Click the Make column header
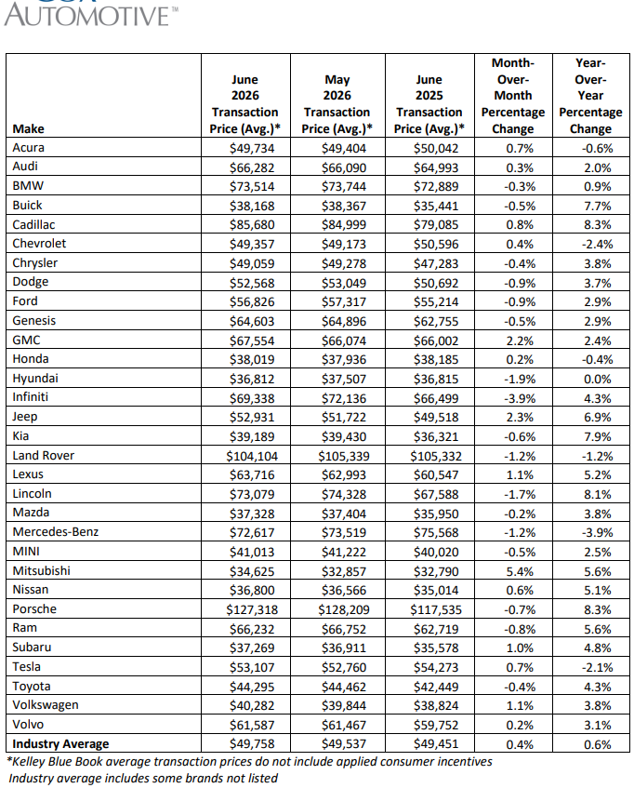[x=28, y=128]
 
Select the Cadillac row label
[x=33, y=224]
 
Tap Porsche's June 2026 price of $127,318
[x=252, y=609]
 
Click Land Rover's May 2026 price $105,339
[x=344, y=456]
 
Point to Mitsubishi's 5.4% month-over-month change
[x=520, y=571]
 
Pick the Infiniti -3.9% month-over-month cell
[x=520, y=398]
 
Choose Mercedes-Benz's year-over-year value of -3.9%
[x=598, y=533]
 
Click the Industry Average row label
[x=60, y=743]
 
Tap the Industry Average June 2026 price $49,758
[x=252, y=744]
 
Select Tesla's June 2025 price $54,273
[x=436, y=667]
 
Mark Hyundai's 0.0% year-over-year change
[x=598, y=380]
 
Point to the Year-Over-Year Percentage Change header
[x=591, y=96]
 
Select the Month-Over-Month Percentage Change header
[x=513, y=96]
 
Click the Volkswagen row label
[x=46, y=705]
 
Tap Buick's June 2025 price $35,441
[x=436, y=206]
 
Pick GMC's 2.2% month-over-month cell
[x=520, y=341]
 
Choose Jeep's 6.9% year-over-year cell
[x=598, y=418]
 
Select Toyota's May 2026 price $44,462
[x=344, y=687]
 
